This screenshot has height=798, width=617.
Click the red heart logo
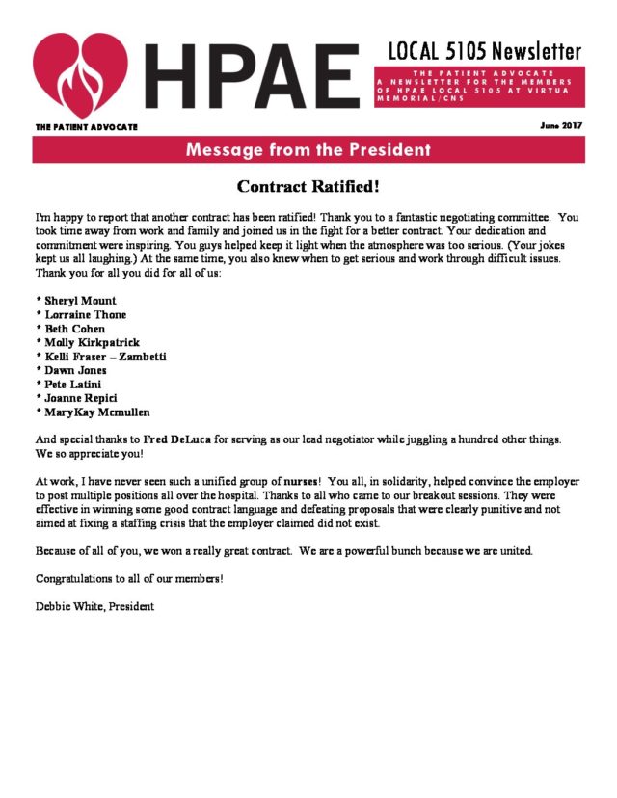tap(80, 74)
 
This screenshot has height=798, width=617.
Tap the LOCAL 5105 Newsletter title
tap(485, 50)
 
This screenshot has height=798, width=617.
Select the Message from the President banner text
tap(308, 150)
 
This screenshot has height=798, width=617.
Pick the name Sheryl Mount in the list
tap(81, 301)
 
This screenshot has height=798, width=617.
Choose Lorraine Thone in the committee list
tap(85, 314)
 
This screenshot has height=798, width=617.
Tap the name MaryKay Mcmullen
tap(95, 412)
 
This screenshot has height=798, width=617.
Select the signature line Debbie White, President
tap(94, 607)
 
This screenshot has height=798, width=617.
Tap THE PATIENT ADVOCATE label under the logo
tap(87, 127)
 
